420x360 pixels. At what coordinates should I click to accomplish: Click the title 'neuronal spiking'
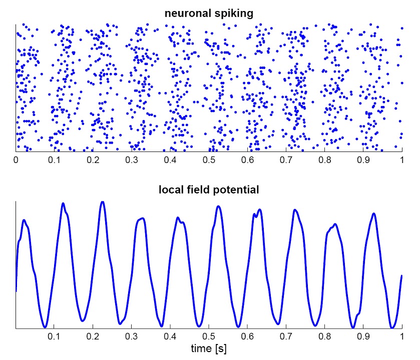209,13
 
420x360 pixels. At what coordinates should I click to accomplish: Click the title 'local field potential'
209,189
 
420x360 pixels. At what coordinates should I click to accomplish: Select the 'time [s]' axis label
209,347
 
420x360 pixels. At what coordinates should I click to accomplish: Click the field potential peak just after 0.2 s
103,202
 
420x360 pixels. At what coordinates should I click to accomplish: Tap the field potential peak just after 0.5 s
218,206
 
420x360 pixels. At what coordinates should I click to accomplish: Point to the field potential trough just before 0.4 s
159,324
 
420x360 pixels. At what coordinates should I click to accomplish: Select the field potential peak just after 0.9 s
373,213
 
